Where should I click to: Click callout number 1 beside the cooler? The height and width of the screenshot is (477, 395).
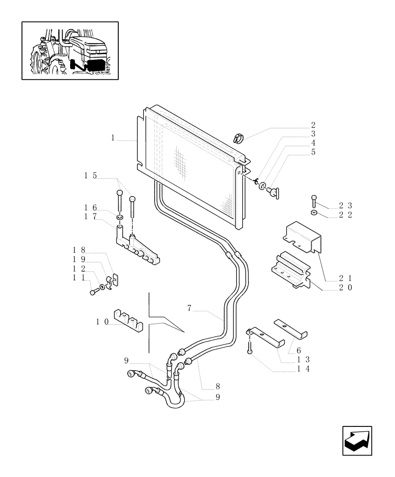point(113,138)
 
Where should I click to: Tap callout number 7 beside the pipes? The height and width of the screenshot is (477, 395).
point(189,309)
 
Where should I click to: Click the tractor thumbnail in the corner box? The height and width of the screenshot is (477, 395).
point(70,51)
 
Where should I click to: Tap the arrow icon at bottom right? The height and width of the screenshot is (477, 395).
point(358,440)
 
